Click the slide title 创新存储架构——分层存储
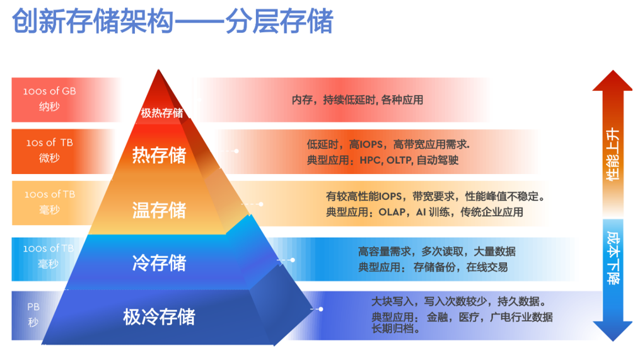click(x=172, y=21)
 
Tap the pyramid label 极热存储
click(x=162, y=113)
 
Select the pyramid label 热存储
click(x=159, y=155)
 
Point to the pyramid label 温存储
click(x=159, y=210)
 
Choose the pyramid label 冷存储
click(x=159, y=262)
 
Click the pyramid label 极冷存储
click(x=159, y=316)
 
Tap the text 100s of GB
click(x=49, y=91)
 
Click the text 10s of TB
click(x=49, y=142)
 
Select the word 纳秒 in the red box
click(x=49, y=107)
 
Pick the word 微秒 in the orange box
click(x=49, y=158)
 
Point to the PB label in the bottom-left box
click(x=33, y=306)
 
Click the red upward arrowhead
click(x=613, y=81)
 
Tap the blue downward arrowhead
click(x=613, y=331)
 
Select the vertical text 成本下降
click(x=613, y=258)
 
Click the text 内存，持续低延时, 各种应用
click(x=357, y=100)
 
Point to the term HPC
click(x=370, y=160)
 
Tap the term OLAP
click(x=392, y=212)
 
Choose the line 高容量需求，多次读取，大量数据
click(x=437, y=252)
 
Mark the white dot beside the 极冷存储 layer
click(x=321, y=309)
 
